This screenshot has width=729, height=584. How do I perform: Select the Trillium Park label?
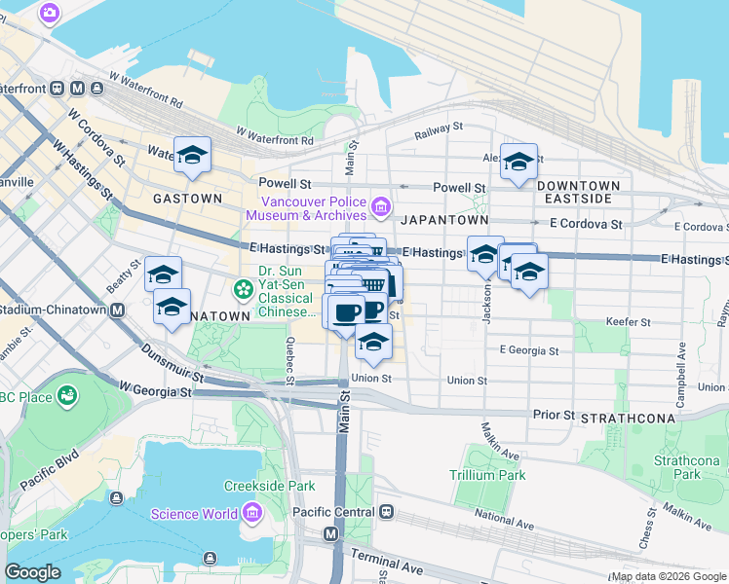(x=487, y=475)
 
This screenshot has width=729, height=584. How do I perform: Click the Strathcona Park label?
(x=678, y=467)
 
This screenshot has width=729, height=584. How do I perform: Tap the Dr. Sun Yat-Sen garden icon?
(x=242, y=289)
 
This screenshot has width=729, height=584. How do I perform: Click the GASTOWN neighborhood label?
(x=187, y=198)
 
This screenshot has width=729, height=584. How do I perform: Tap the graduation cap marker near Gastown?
(x=193, y=154)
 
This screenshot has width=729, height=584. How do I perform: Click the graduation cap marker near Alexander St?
(x=518, y=162)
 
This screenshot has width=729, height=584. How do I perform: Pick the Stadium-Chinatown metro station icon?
(x=117, y=310)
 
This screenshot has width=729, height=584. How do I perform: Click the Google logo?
(x=32, y=572)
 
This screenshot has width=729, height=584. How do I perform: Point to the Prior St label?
(x=554, y=414)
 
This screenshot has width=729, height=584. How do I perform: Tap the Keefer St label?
(x=633, y=321)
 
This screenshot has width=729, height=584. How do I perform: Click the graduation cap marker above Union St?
(x=373, y=341)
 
